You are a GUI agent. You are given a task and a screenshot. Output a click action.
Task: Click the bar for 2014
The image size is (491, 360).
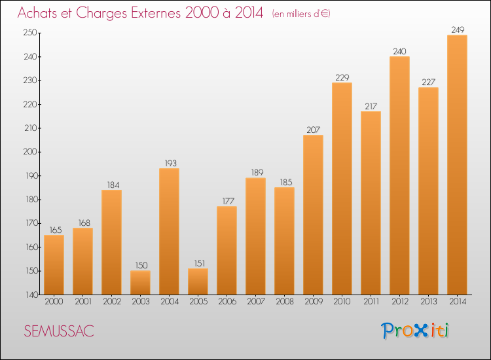tap(457, 165)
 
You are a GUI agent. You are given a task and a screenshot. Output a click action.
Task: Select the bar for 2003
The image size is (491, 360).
tap(140, 283)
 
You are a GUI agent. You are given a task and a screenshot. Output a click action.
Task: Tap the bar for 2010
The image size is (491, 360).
tap(342, 189)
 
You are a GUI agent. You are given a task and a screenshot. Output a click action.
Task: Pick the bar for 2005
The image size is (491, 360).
tap(198, 281)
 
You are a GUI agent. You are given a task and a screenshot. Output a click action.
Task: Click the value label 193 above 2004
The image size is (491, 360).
tap(169, 163)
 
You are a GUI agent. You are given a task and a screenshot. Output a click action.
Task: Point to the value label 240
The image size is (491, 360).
tap(399, 51)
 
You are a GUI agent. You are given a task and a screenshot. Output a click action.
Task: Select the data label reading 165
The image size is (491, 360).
tap(54, 230)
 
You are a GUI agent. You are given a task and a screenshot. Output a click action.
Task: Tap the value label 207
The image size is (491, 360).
tap(313, 130)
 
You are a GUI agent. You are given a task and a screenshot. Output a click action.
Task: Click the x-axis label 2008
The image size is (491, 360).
tap(284, 302)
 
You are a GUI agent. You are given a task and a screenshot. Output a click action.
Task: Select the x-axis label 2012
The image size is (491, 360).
tap(399, 302)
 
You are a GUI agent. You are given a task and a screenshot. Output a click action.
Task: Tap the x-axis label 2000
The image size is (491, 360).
tap(54, 302)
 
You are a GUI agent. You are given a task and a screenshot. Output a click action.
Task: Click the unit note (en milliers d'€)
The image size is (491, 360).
tap(301, 14)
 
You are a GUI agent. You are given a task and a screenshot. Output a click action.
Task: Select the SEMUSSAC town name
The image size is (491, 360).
tap(59, 331)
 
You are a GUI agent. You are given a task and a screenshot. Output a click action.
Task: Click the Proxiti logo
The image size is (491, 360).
tap(416, 331)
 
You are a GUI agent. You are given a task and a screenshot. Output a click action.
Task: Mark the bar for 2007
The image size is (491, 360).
tap(255, 236)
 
